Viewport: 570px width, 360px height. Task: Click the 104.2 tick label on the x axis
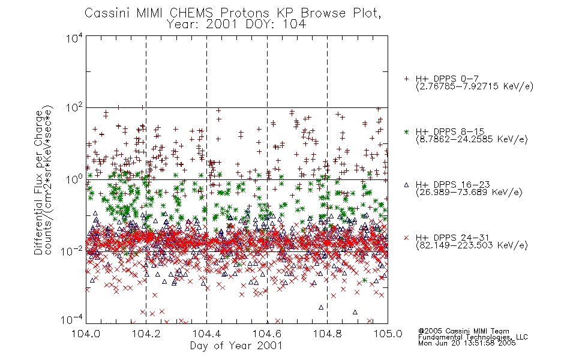point(146,334)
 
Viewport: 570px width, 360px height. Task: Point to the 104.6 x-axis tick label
point(267,334)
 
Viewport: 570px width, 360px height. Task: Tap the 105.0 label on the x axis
point(388,334)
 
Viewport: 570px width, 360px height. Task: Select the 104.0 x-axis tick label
point(86,334)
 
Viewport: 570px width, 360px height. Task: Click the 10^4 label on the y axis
point(74,38)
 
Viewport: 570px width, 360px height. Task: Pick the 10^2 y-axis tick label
point(74,107)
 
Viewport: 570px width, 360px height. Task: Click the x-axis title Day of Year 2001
point(236,346)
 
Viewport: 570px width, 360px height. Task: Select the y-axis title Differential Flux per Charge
point(38,182)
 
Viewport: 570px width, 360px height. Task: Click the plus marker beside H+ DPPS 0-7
point(406,78)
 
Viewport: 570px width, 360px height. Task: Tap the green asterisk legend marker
point(406,131)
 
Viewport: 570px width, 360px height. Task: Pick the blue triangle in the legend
point(406,185)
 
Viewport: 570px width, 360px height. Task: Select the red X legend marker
point(406,238)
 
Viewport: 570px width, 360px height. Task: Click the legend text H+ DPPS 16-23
point(452,184)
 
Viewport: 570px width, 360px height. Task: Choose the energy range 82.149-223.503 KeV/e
point(472,245)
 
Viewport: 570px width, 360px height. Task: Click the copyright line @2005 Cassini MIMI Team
point(463,331)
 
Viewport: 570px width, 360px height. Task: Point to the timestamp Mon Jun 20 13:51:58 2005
point(467,343)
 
